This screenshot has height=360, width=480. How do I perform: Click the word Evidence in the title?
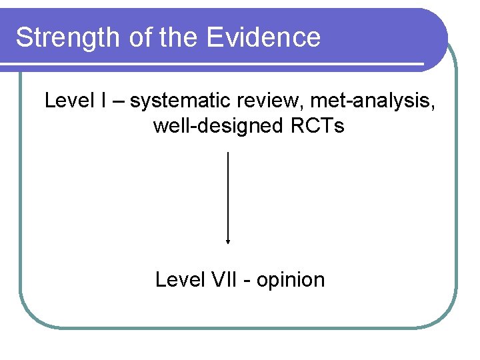(263, 38)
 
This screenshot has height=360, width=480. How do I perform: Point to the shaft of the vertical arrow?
(229, 193)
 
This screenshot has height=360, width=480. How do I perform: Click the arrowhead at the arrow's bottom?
(229, 242)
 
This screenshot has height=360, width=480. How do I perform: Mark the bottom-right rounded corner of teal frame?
(445, 317)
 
